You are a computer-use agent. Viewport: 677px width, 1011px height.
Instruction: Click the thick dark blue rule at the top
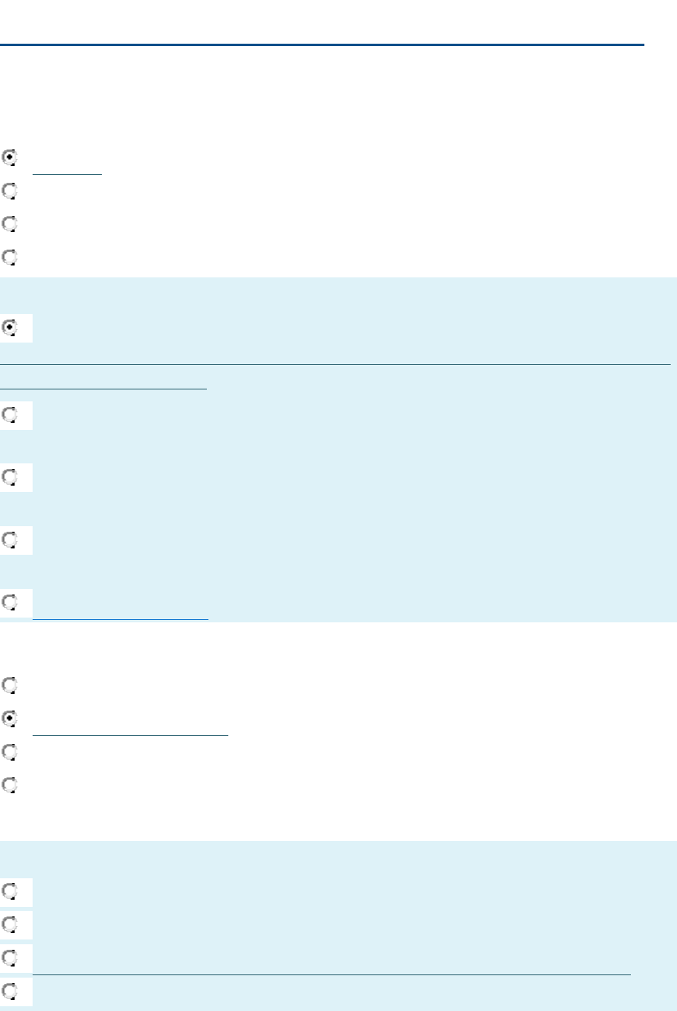point(321,45)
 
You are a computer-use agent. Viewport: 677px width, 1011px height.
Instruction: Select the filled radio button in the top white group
point(9,157)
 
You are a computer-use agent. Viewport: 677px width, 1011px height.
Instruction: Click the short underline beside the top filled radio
point(68,172)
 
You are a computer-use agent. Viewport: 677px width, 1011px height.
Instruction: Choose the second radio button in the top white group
point(9,191)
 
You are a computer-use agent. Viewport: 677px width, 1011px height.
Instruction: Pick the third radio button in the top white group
point(9,224)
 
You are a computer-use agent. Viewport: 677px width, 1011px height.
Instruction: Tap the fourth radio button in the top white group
point(9,258)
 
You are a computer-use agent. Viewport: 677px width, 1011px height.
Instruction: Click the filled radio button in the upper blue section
point(9,327)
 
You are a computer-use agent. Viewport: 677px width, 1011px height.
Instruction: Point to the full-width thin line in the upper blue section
point(334,364)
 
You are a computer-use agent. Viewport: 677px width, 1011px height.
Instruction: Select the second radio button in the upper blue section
point(9,415)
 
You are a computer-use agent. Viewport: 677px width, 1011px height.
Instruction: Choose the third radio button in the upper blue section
point(9,477)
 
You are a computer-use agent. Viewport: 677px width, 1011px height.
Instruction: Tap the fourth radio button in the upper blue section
point(9,540)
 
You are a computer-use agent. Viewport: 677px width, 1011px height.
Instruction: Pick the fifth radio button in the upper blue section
point(9,602)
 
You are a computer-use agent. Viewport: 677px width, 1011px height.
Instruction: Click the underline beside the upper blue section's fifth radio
point(120,618)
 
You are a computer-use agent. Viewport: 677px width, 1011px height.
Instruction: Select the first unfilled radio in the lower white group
point(9,684)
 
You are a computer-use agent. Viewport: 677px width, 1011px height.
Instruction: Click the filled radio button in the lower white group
point(9,718)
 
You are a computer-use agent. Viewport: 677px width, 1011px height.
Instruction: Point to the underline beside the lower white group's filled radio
point(130,735)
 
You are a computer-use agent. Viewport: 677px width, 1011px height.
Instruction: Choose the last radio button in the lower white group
point(9,785)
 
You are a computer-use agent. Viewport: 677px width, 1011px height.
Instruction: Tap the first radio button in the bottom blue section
point(9,891)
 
